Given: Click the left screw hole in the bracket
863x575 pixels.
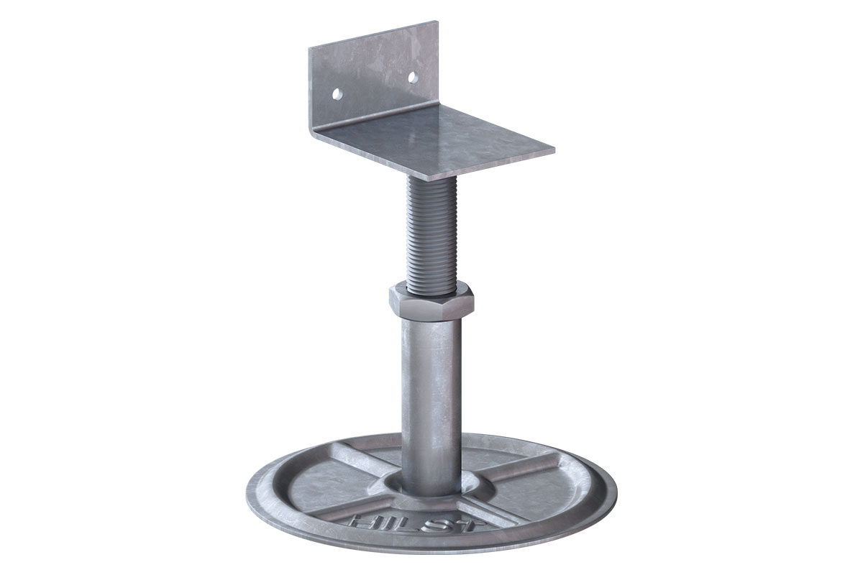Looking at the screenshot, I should (335, 93).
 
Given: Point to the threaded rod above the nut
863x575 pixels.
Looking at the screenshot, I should (431, 230).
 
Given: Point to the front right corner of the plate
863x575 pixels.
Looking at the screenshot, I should (554, 152).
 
